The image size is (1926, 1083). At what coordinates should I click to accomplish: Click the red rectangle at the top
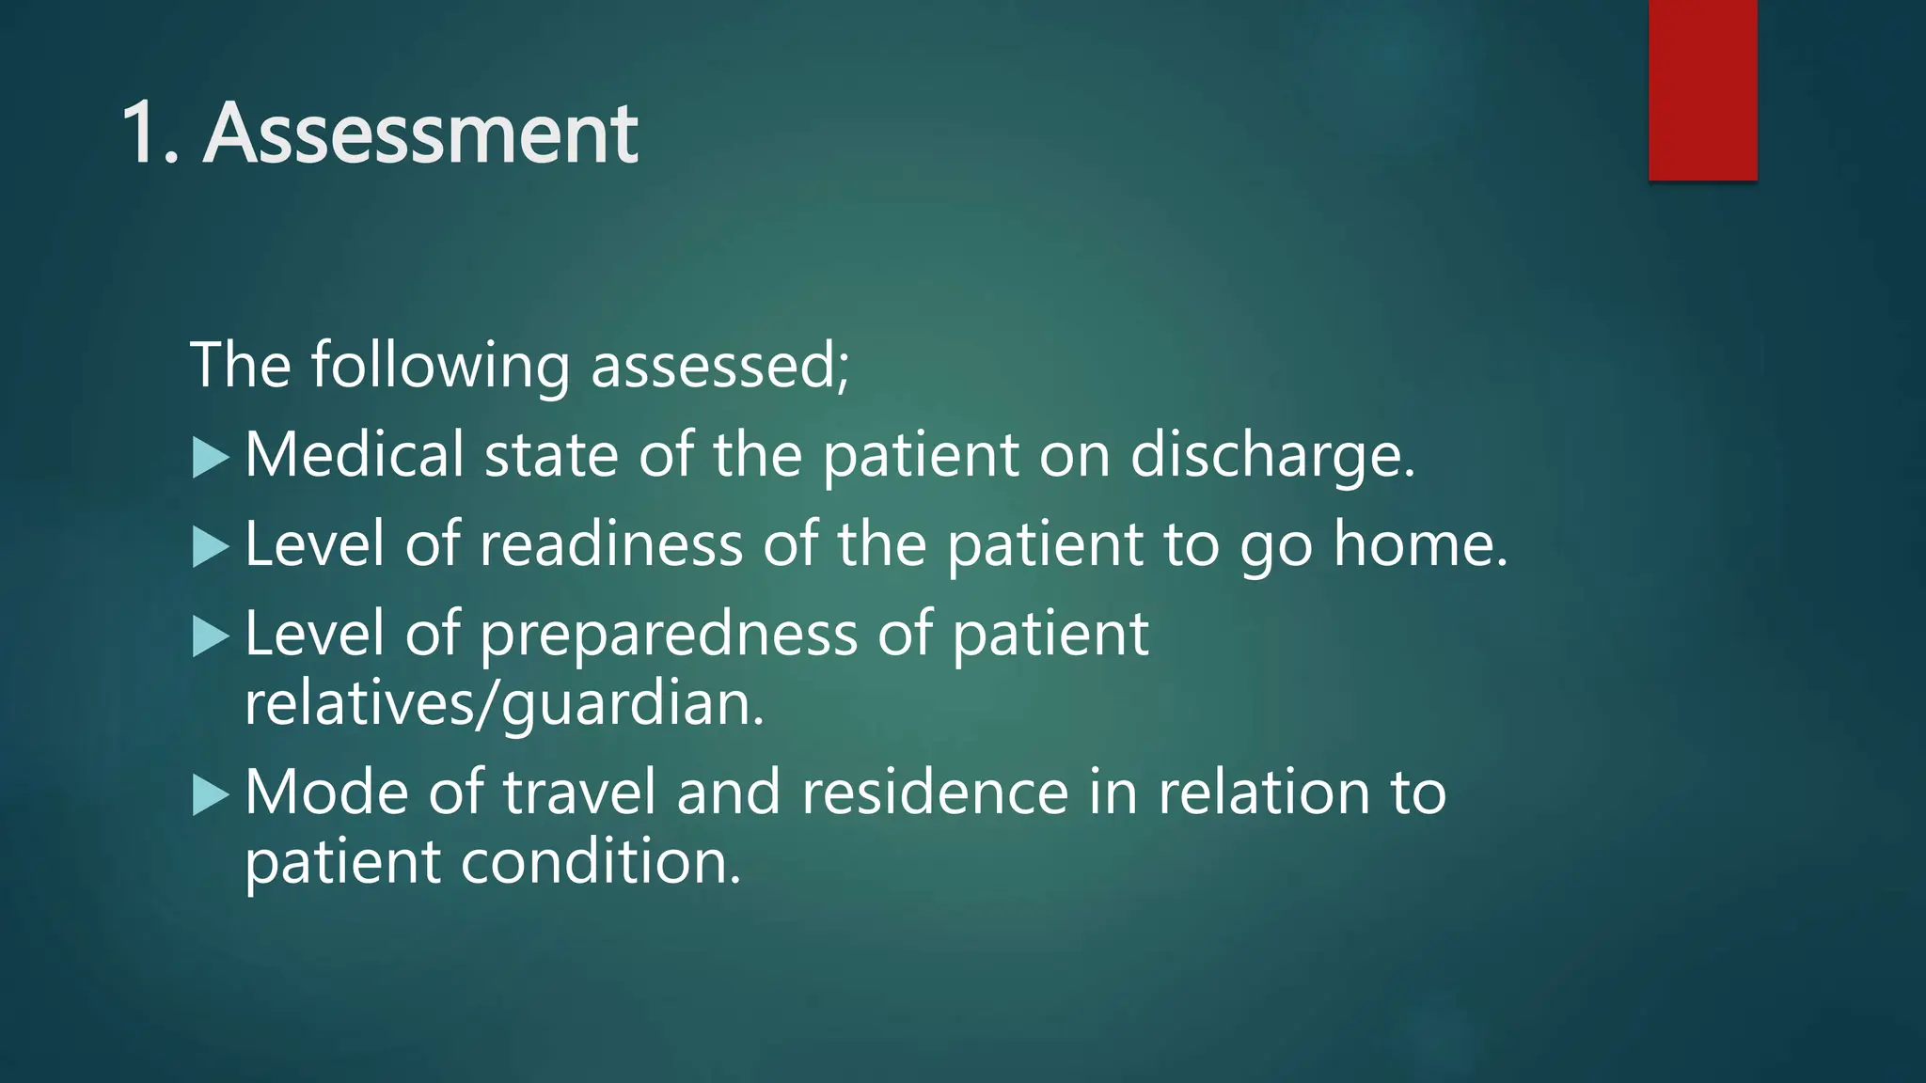(1702, 89)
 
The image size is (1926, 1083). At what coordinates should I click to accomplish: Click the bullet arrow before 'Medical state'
(210, 459)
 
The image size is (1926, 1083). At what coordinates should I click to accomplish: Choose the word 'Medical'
(354, 455)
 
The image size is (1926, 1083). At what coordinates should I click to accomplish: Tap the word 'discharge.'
(1271, 455)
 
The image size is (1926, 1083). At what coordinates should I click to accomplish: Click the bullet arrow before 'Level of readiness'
(210, 547)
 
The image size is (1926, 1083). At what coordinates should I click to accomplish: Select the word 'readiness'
(611, 544)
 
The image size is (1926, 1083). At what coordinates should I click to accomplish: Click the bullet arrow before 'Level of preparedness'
(210, 637)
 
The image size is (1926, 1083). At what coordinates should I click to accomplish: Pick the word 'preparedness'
(669, 635)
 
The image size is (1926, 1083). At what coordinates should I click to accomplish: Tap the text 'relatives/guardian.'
(504, 703)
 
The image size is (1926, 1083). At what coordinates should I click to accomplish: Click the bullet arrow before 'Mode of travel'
(210, 795)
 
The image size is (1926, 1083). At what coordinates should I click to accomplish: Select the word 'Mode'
(326, 793)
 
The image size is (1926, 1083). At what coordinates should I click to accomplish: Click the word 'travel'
(578, 793)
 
